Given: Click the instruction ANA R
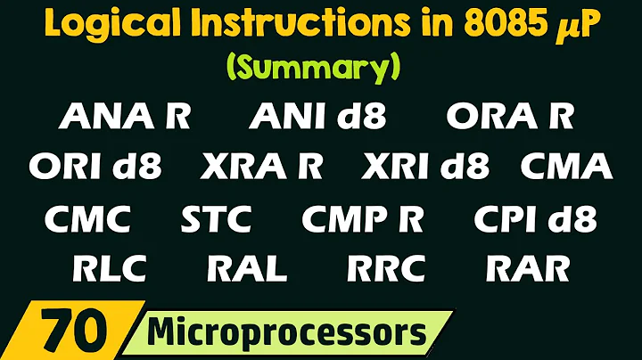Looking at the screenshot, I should point(124,117).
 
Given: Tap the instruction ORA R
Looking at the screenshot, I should point(510,117).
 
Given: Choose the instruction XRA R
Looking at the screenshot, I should point(262,167).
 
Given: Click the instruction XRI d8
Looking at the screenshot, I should point(427,167).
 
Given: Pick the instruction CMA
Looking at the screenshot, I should point(566,167).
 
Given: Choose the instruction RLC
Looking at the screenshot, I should point(111,267).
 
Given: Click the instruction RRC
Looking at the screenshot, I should point(387,267).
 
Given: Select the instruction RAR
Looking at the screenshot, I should point(528,267).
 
